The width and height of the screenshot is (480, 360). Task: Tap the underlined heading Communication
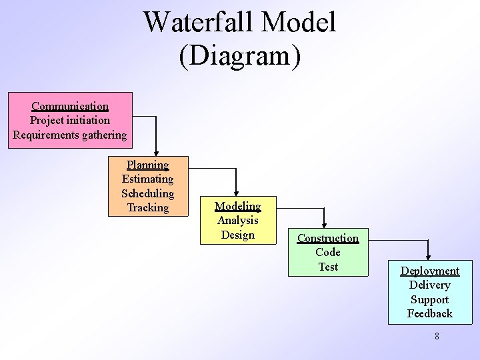click(70, 106)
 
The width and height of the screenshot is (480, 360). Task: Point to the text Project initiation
click(70, 120)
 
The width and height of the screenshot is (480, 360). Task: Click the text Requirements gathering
click(70, 135)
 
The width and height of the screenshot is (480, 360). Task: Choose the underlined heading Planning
click(147, 165)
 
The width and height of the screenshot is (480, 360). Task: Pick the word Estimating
click(147, 179)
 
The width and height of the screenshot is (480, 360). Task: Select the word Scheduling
click(147, 193)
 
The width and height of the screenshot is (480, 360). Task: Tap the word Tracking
click(147, 207)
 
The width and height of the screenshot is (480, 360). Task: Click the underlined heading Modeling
click(237, 206)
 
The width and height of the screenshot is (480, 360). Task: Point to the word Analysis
click(237, 220)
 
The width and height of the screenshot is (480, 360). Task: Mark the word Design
click(237, 235)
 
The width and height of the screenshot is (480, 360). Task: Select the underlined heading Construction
click(328, 238)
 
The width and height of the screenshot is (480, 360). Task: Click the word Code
click(328, 252)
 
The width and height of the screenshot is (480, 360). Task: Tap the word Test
click(328, 267)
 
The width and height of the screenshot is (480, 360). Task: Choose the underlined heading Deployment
click(429, 271)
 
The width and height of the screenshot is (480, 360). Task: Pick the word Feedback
click(429, 313)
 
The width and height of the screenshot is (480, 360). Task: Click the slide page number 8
click(437, 336)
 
